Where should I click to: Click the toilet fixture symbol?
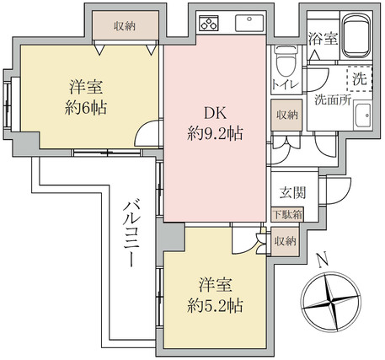point(286,62)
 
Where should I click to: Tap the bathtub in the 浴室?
point(356,35)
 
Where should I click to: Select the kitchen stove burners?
point(209,23)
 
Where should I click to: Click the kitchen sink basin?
point(249,24)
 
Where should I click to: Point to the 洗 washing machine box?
point(360,78)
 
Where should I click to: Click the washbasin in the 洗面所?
point(363,116)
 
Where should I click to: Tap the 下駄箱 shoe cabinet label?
point(287,215)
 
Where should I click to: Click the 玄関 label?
point(292,193)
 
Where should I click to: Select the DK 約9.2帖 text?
point(215,123)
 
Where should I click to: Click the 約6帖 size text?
point(86,108)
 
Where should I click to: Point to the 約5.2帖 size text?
point(215,306)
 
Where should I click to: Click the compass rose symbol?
point(331,302)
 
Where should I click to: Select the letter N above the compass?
point(323,260)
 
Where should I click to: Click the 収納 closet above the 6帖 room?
point(126,26)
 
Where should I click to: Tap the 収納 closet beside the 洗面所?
point(287,115)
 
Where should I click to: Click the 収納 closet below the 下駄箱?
point(285,241)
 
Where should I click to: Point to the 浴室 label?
point(323,39)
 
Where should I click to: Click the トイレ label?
point(285,84)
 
